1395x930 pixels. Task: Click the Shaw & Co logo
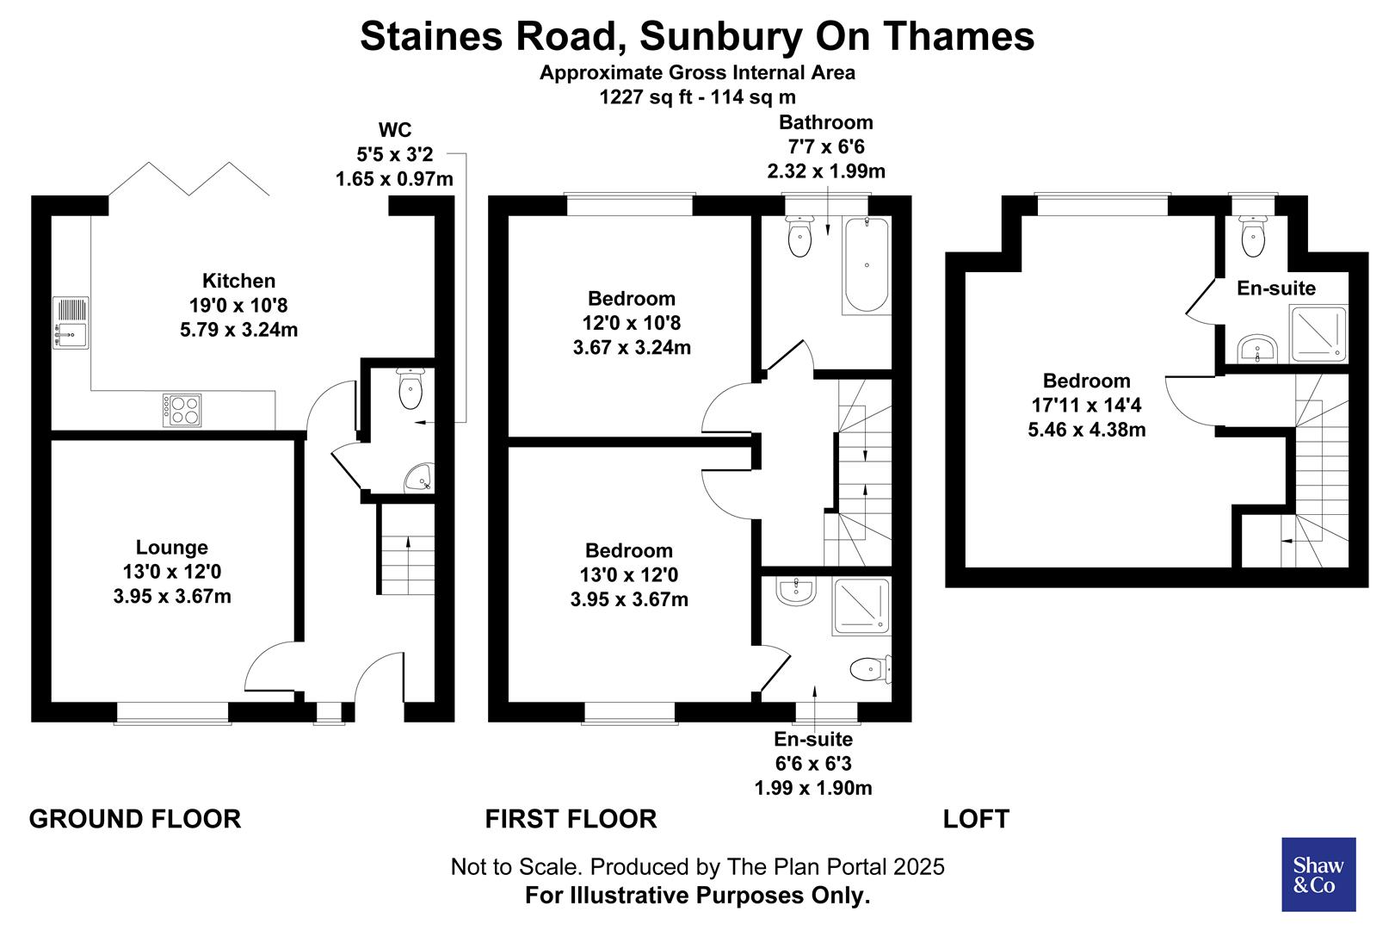(1318, 874)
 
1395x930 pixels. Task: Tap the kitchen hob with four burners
(182, 410)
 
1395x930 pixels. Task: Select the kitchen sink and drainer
(71, 322)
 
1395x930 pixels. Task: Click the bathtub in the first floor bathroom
(866, 265)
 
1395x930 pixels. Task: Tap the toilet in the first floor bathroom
(799, 237)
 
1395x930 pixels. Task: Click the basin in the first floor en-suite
(794, 591)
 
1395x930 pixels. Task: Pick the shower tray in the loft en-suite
(1318, 333)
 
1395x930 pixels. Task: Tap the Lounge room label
(171, 548)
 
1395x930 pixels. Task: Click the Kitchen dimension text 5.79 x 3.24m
(238, 330)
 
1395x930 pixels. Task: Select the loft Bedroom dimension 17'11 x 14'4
(1086, 405)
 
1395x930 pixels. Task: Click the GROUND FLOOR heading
(135, 818)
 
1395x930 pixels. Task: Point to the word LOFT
(976, 818)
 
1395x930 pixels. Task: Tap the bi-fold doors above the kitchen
(188, 178)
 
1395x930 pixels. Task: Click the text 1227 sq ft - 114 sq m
(697, 97)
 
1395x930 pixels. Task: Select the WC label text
(395, 130)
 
